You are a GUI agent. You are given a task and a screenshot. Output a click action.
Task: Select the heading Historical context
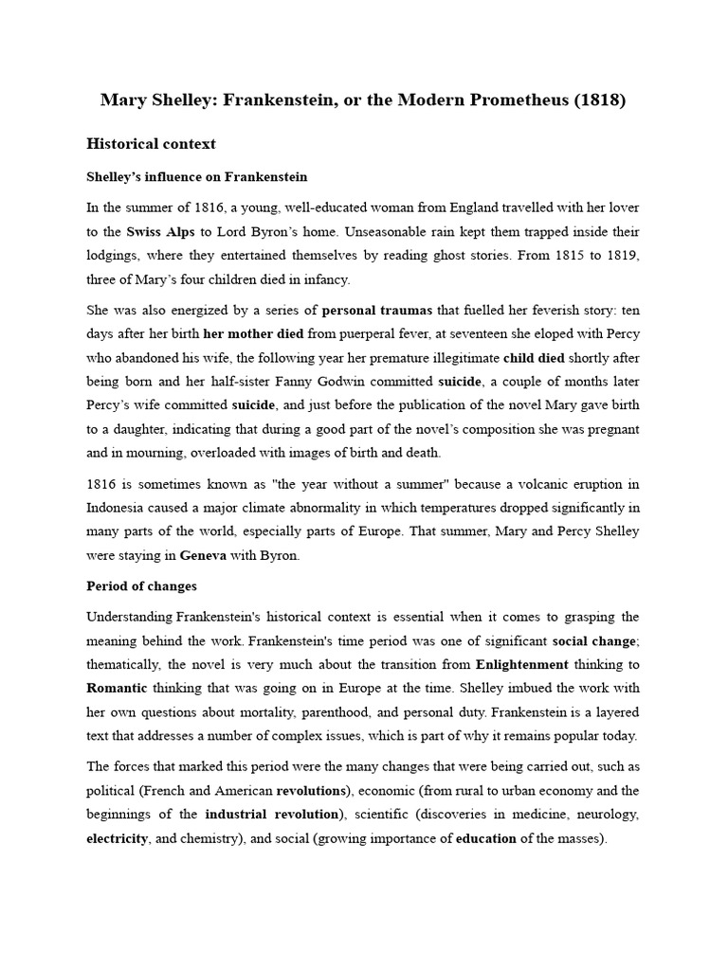[151, 144]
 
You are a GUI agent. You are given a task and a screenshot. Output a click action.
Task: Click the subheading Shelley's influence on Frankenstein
[197, 177]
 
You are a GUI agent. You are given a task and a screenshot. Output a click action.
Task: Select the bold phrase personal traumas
[376, 310]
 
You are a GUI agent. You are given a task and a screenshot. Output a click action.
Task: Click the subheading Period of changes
[142, 587]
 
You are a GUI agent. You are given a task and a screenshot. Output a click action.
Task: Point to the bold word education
[486, 838]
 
